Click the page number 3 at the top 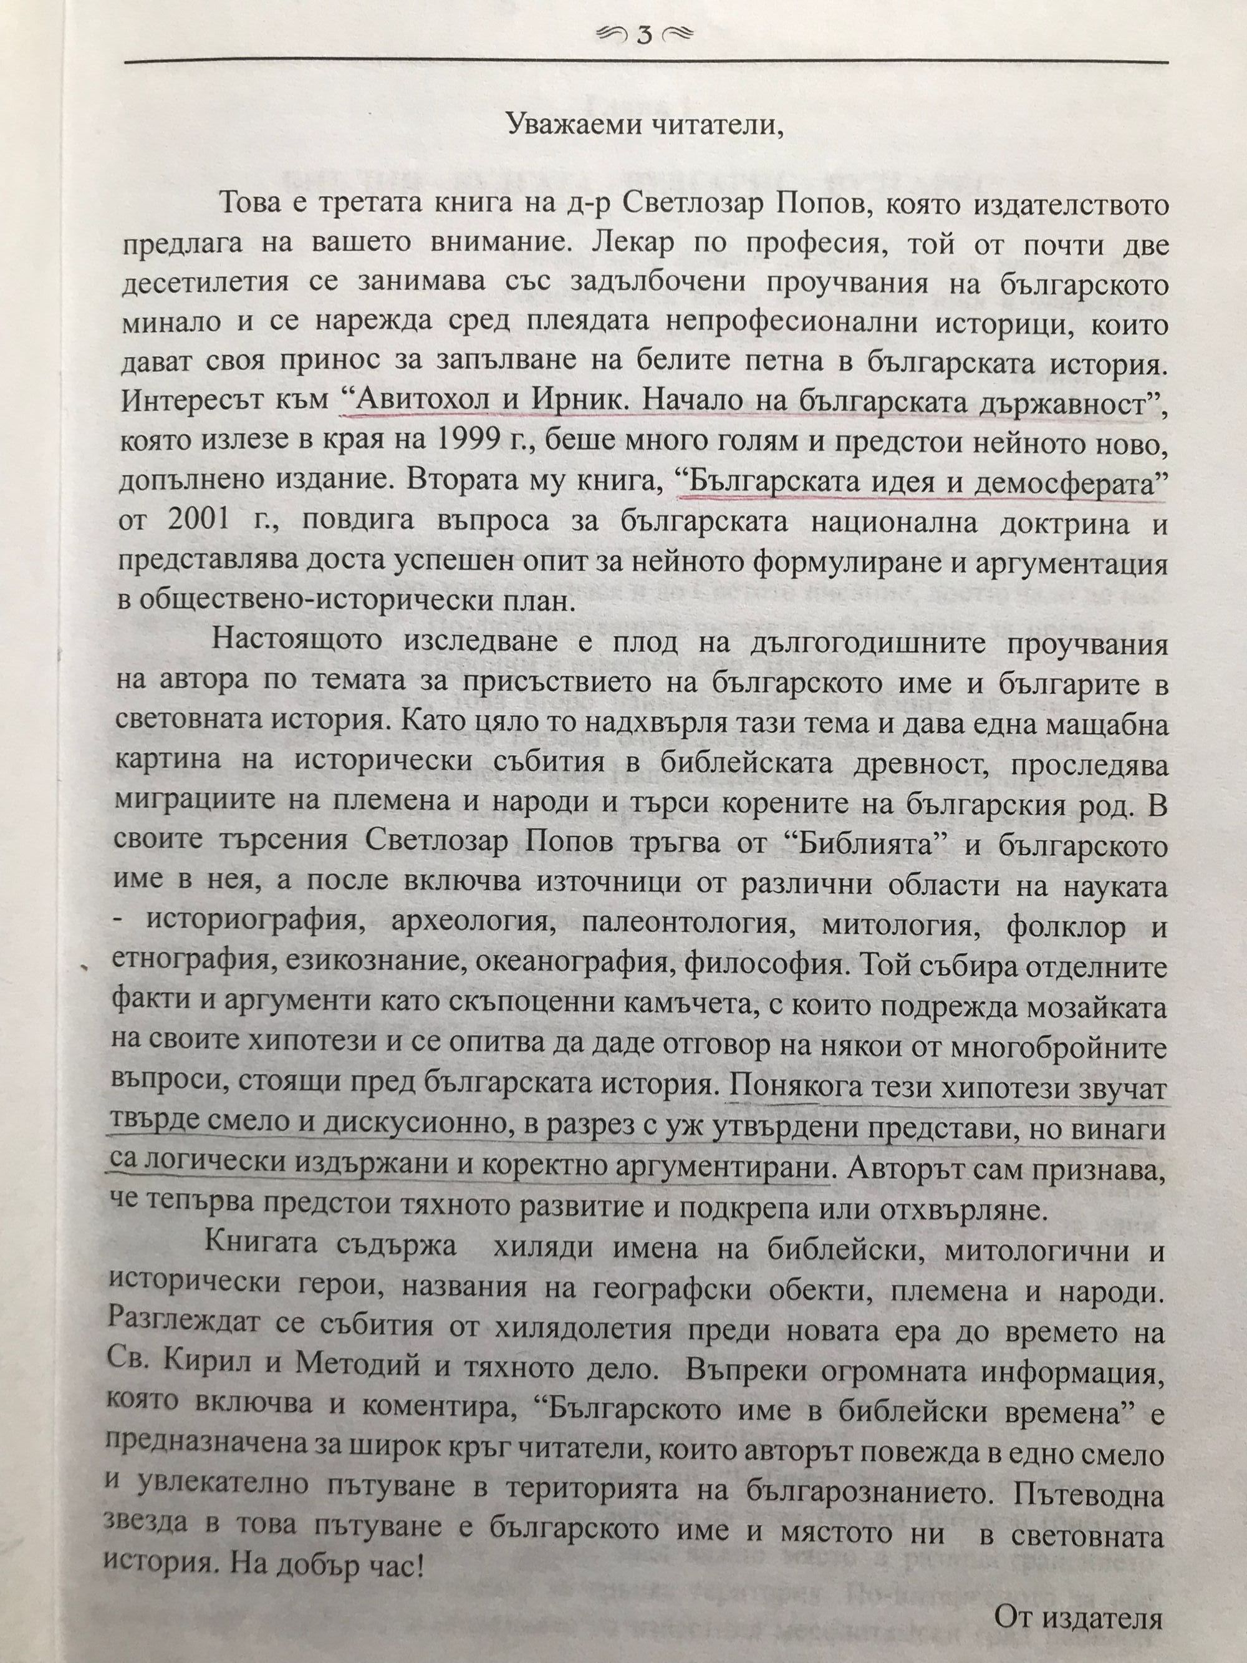643,36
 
